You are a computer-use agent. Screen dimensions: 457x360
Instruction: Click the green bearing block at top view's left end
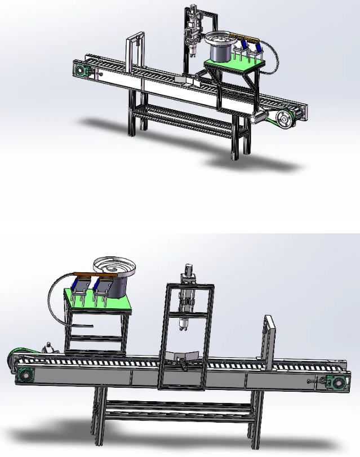point(81,71)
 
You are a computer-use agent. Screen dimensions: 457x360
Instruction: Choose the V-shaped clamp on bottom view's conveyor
point(183,356)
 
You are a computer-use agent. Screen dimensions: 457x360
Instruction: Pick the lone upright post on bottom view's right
point(269,344)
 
